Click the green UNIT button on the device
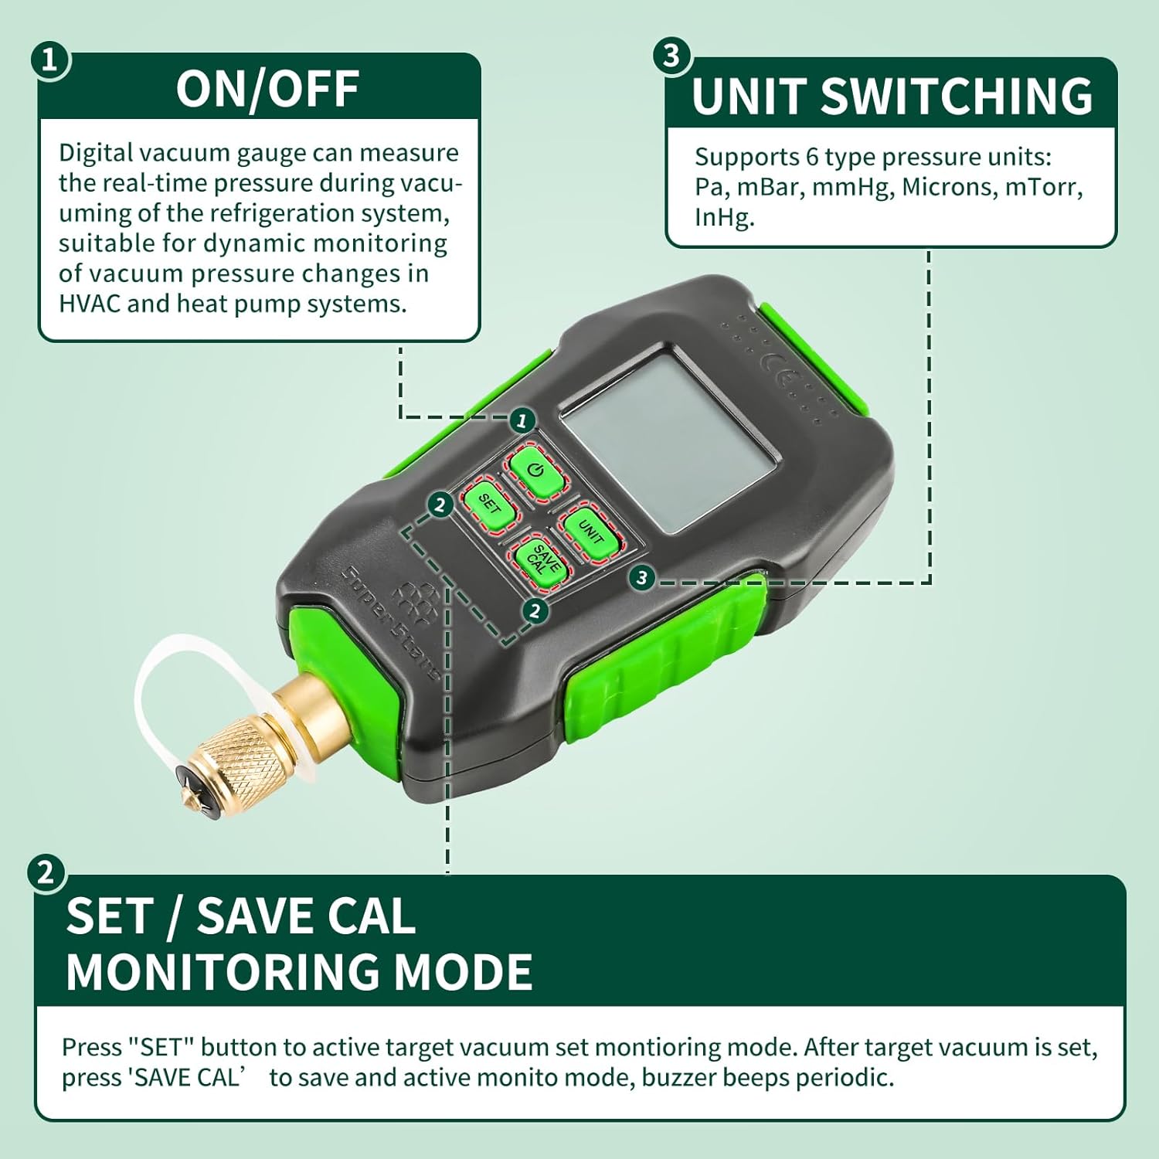click(x=590, y=531)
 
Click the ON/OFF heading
click(x=267, y=88)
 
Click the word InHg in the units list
click(x=724, y=218)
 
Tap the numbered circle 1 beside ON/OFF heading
click(x=50, y=61)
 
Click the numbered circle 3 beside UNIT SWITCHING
click(x=671, y=56)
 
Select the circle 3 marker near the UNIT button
click(x=642, y=577)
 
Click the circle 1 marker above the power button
click(x=522, y=420)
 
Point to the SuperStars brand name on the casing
click(x=390, y=623)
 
